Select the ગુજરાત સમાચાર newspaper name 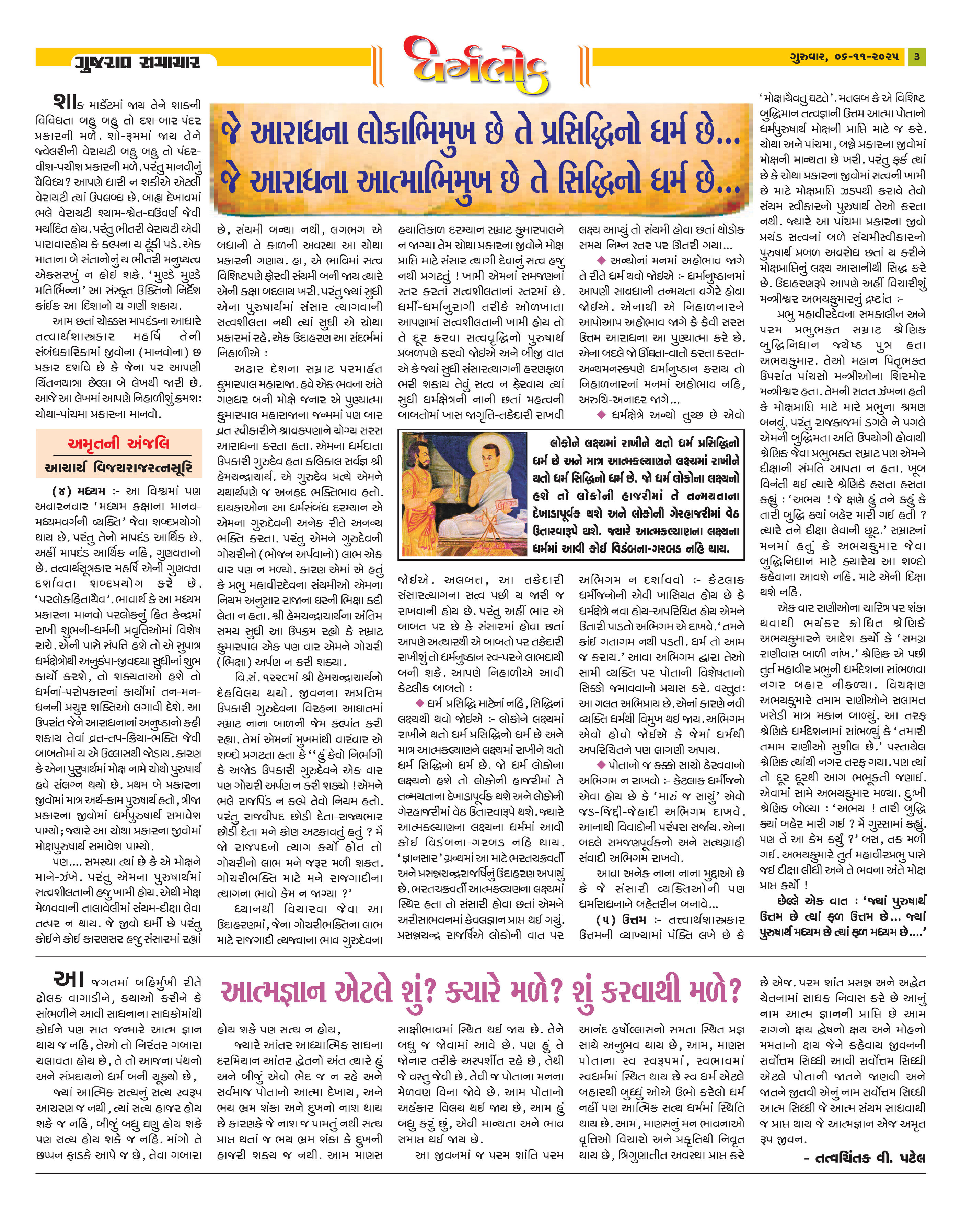(136, 61)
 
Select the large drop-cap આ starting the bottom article (68, 979)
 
